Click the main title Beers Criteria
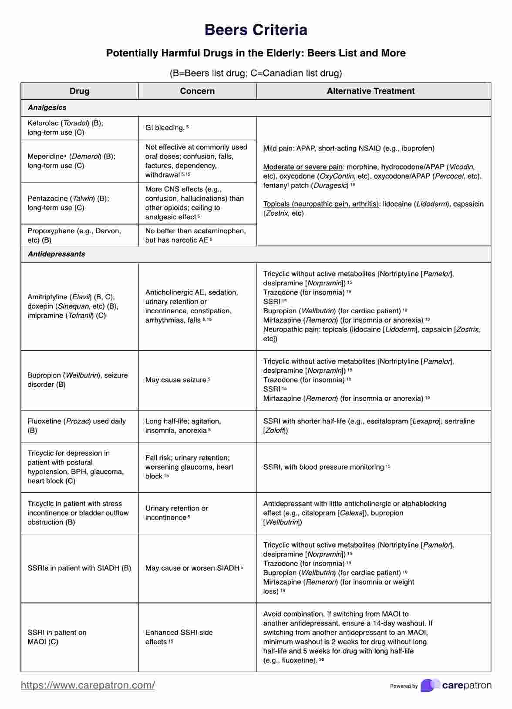(256, 30)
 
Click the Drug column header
(79, 91)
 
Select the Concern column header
(197, 91)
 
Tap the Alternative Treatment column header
(371, 91)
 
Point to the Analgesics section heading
(47, 107)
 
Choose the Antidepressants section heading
(56, 254)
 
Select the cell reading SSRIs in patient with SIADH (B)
(79, 568)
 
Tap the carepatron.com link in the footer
(88, 686)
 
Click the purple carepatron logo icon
(430, 686)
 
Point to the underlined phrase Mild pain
(278, 148)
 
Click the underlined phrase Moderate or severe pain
(303, 167)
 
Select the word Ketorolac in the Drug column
(43, 123)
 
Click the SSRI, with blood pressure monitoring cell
(327, 467)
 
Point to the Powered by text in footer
(404, 686)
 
